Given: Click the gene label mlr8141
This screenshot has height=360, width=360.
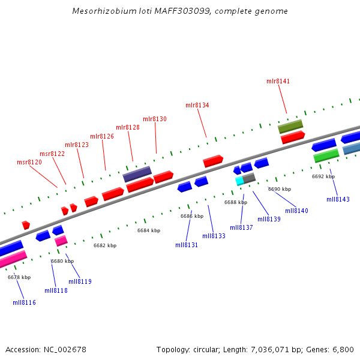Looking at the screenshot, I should pos(278,81).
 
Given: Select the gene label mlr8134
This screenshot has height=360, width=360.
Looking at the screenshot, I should pos(197,105).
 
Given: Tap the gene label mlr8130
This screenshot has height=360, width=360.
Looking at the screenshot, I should pos(155,119).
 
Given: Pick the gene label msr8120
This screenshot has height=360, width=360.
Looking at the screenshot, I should pos(29,162).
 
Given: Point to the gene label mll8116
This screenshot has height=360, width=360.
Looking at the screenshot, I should pos(25,302).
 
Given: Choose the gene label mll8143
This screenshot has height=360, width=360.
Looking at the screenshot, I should pos(338,199).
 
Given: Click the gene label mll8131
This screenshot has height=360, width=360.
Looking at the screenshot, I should pos(187,245).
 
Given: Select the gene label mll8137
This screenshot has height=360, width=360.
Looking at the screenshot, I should pos(241,227).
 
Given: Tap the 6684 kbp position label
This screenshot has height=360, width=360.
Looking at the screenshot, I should pos(149,230).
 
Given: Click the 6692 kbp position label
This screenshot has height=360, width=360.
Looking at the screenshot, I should pos(323,176).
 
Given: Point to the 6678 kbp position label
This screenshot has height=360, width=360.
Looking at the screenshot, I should pos(19,277).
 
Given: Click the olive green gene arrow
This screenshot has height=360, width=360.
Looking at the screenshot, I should pos(290,126).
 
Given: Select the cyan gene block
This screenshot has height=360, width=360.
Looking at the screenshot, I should pos(239,180).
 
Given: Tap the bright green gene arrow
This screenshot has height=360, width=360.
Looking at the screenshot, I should pos(326,155).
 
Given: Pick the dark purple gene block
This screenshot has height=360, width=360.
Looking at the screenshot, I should pos(137,174).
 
